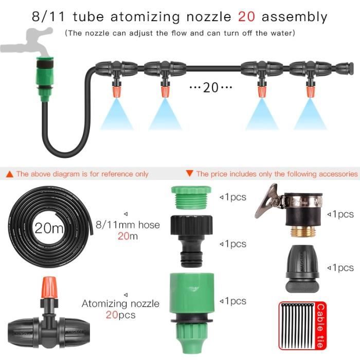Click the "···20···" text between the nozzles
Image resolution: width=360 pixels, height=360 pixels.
coord(211,87)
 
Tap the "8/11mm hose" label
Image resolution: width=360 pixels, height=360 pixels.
coord(128,225)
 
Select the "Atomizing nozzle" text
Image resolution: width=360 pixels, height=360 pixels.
coord(120,303)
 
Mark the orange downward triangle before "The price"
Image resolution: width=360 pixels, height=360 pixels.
coord(189,174)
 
